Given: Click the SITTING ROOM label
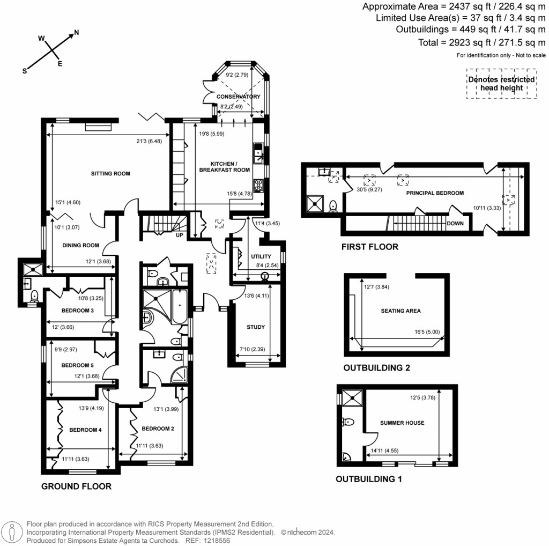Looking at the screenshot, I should tap(110, 174).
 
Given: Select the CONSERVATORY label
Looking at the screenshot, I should tap(238, 97).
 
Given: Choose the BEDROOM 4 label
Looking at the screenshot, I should tap(81, 430).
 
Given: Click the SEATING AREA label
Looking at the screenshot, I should tap(400, 311).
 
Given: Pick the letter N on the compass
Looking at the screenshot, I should tap(76, 33).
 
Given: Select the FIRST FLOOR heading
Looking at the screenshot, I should tap(370, 247).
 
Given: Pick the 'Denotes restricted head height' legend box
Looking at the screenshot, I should tap(501, 83).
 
